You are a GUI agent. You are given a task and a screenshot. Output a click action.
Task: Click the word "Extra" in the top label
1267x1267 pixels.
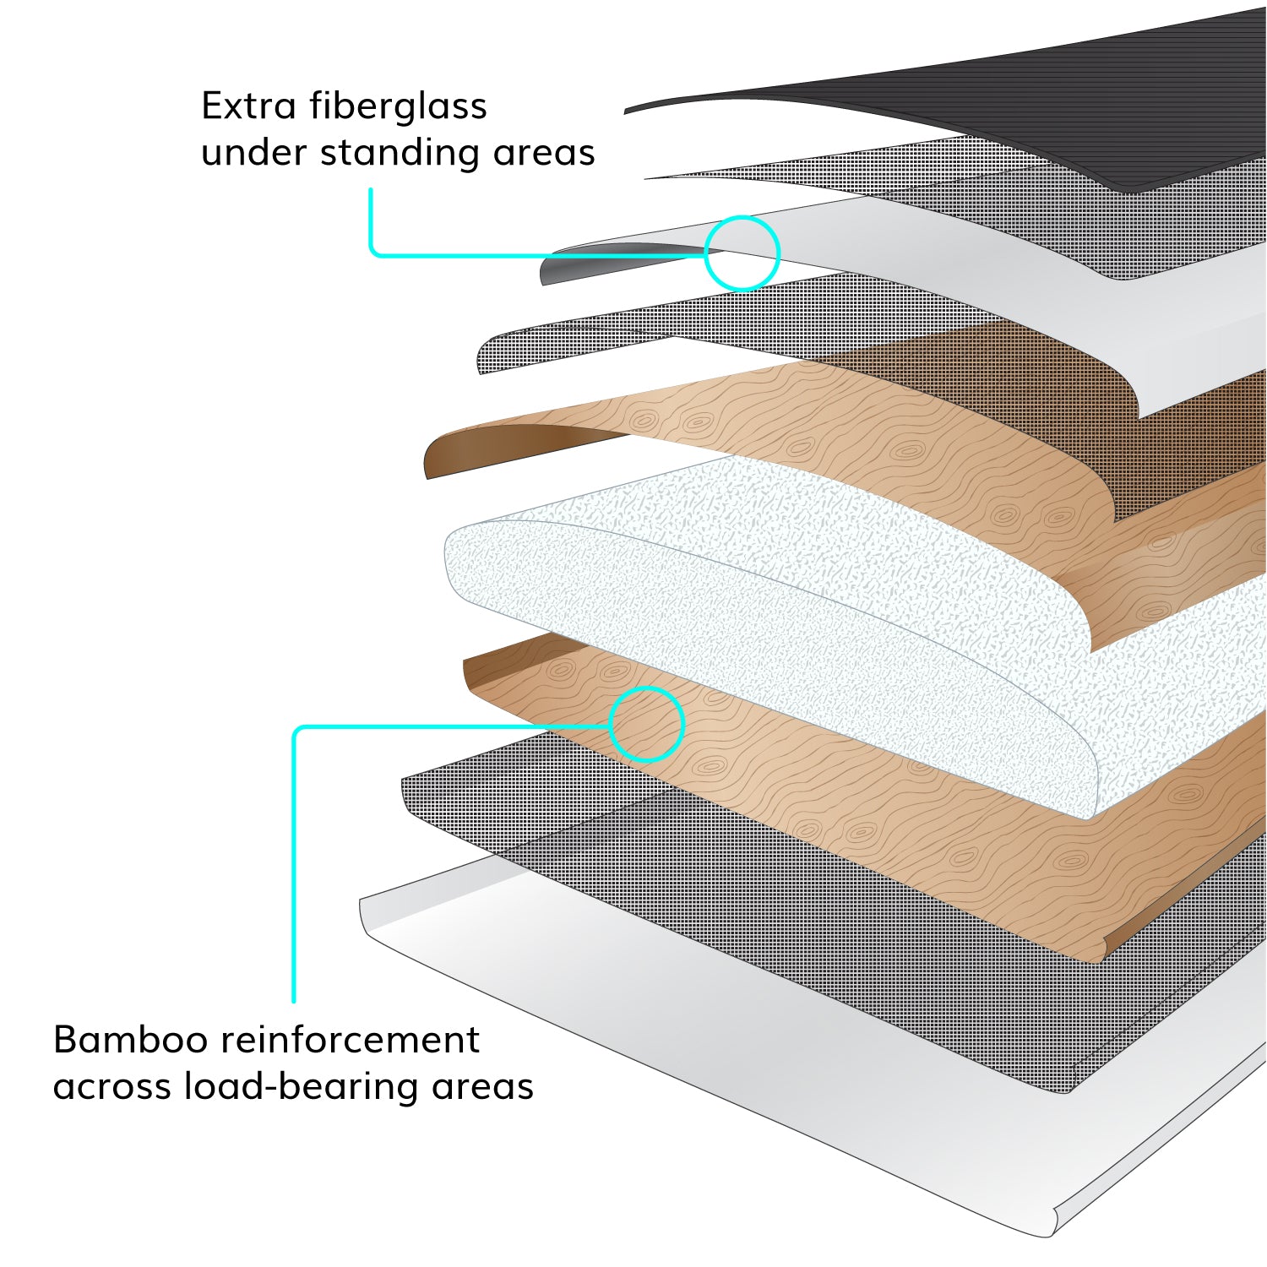pyautogui.click(x=248, y=106)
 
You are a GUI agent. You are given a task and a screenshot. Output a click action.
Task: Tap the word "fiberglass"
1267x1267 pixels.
pyautogui.click(x=398, y=106)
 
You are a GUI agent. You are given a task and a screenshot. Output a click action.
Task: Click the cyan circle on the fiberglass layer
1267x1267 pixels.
pyautogui.click(x=742, y=253)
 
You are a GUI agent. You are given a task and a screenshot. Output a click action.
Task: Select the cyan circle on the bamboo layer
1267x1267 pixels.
pyautogui.click(x=646, y=724)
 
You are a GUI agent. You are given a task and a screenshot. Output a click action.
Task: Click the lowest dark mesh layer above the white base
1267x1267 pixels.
pyautogui.click(x=760, y=887)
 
